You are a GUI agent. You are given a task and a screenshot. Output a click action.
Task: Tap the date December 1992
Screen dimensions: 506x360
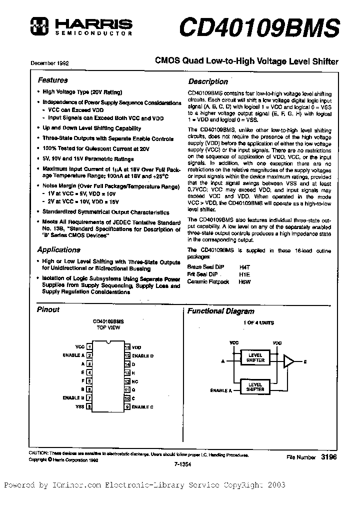tap(49, 64)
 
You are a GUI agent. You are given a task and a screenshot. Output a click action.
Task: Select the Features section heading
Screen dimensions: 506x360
tap(52, 80)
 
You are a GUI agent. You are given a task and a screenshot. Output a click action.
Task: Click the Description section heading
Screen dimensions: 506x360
tap(207, 81)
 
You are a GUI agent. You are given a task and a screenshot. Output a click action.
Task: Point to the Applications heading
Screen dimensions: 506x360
tap(58, 250)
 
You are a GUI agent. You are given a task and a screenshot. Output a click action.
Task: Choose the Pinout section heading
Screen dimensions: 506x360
tap(48, 310)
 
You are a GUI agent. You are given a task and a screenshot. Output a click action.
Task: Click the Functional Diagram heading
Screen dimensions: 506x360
tap(220, 311)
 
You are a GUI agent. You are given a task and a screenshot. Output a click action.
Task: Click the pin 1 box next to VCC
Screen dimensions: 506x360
tap(89, 346)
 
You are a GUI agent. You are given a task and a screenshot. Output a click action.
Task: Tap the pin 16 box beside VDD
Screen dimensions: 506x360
tap(127, 346)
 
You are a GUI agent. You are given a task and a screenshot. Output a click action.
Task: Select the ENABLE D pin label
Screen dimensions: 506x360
tap(142, 355)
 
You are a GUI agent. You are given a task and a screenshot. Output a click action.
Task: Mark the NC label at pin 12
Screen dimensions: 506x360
tap(134, 381)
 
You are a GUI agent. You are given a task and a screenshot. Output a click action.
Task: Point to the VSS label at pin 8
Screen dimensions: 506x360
tap(79, 407)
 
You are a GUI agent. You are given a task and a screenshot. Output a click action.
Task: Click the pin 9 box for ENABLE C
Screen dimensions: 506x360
tap(127, 407)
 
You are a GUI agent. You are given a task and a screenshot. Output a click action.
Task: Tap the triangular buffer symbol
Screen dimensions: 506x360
tap(288, 361)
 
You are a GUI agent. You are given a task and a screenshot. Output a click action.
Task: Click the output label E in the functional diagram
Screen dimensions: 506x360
tap(305, 361)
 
